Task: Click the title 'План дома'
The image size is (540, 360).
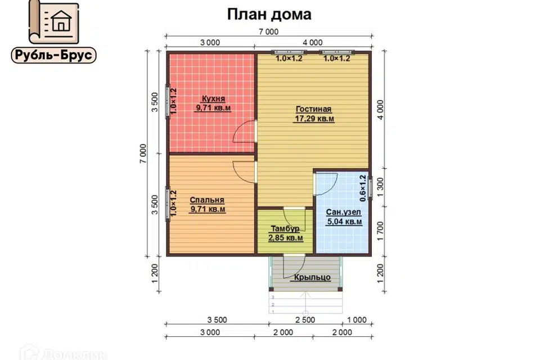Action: (x=269, y=14)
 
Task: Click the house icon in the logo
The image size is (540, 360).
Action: (x=60, y=22)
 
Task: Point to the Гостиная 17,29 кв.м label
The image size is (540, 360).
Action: (x=314, y=114)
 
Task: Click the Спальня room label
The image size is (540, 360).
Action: (x=208, y=204)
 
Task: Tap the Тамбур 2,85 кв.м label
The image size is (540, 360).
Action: (x=286, y=233)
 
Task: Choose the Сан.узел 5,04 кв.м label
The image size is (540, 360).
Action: (x=344, y=217)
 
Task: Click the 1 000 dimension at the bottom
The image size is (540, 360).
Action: (x=356, y=319)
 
